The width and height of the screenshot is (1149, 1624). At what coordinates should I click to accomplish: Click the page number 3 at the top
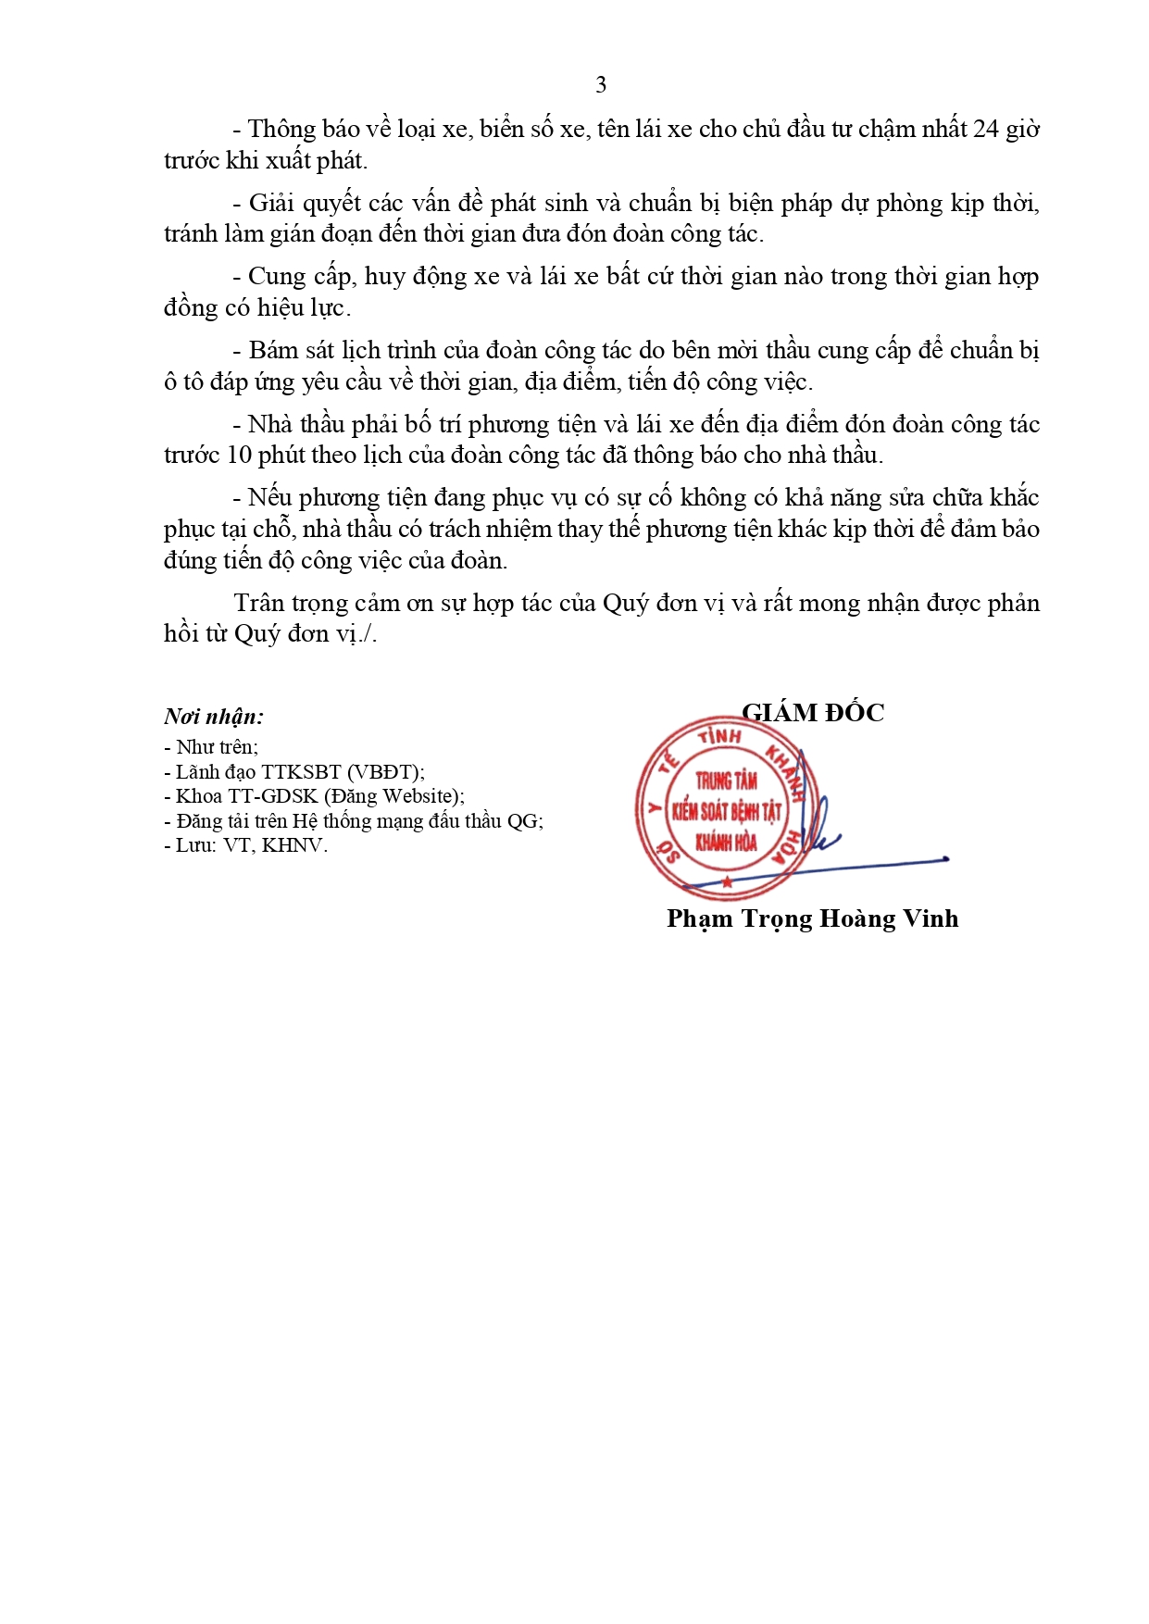pos(601,85)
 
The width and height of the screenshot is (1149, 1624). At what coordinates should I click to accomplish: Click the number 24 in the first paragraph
pos(987,129)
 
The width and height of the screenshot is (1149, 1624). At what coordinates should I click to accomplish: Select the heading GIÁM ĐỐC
pos(813,712)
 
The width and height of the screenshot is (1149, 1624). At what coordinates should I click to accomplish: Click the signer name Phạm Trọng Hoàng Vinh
pos(812,918)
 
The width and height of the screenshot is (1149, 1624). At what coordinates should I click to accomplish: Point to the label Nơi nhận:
pos(214,716)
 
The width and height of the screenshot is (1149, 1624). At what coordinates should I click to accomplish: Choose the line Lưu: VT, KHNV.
pos(246,845)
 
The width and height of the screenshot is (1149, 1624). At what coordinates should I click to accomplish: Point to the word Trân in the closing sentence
pos(258,603)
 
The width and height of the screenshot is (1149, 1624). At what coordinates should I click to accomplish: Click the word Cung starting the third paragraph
pos(273,277)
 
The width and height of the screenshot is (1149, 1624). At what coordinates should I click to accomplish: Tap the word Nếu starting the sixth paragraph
pos(269,498)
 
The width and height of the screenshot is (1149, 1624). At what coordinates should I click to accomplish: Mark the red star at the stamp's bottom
pos(728,882)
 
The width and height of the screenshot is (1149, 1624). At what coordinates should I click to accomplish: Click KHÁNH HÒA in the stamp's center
pos(726,843)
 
